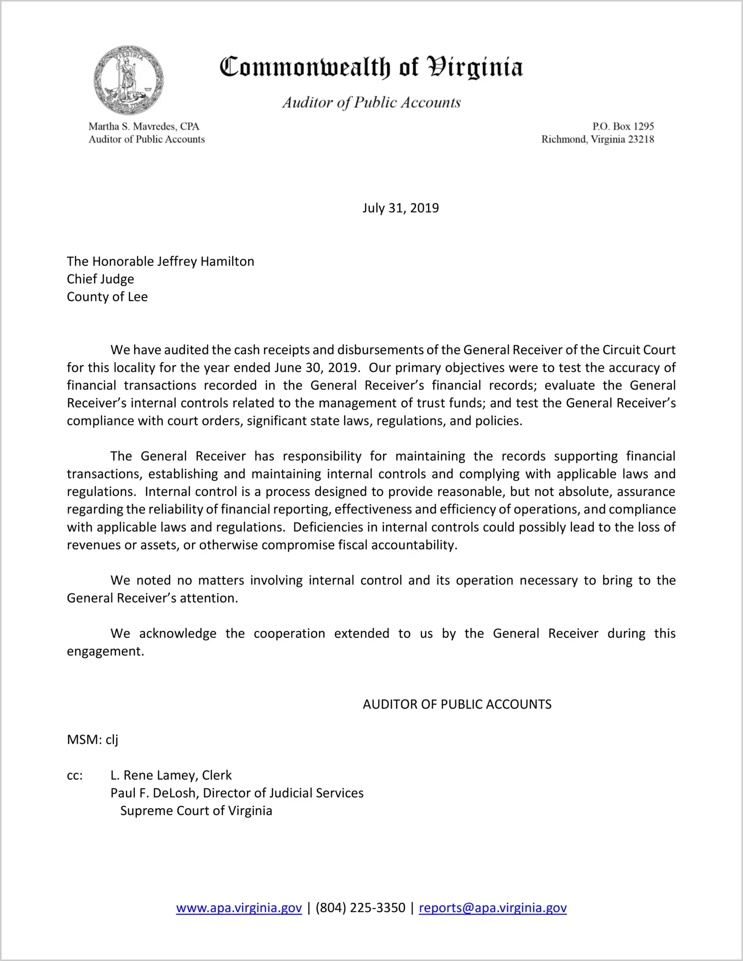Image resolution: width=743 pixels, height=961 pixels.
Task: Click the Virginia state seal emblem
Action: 128,80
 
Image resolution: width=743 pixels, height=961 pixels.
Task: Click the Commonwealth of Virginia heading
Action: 371,68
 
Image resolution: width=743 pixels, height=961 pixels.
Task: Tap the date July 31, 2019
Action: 400,208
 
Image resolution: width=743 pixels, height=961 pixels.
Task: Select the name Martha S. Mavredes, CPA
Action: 144,126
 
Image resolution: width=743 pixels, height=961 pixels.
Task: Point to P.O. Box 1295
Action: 623,126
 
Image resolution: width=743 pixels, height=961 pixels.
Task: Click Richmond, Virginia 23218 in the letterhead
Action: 597,139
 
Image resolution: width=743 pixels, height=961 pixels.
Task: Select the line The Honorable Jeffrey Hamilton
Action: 160,261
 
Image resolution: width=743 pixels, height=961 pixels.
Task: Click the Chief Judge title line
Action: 100,279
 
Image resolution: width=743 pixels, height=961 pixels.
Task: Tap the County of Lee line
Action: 107,297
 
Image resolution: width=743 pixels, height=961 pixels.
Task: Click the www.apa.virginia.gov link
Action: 239,908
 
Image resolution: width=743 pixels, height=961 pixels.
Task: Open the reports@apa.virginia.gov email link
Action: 492,908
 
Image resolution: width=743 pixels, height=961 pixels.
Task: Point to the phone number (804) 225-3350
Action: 360,908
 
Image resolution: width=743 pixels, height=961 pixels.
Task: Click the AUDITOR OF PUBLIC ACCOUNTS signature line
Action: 457,704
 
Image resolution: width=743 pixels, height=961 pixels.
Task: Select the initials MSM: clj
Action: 93,740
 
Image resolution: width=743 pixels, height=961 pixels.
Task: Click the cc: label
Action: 75,775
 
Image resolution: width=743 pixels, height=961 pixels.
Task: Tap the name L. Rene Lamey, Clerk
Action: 171,775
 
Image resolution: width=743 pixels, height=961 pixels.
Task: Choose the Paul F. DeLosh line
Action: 237,793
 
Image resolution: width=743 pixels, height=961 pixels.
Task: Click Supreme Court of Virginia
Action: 196,811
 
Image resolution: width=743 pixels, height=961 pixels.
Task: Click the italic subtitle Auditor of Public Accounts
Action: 371,103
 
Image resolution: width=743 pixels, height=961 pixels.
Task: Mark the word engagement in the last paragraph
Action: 105,651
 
